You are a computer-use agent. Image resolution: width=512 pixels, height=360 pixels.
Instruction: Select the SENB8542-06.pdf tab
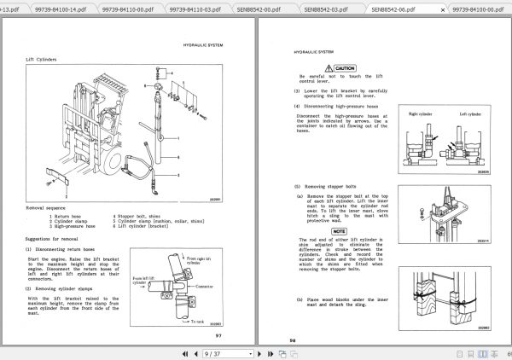(x=393, y=7)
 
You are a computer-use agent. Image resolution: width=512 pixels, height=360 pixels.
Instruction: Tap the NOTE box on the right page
(x=339, y=230)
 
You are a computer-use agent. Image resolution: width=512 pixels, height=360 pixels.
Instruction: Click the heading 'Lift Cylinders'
(x=41, y=60)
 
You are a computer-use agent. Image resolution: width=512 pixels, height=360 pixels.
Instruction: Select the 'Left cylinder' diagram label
(x=470, y=113)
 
